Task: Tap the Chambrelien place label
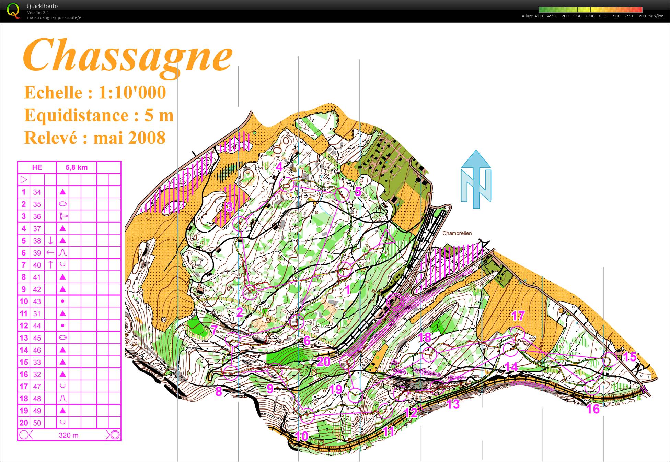point(457,233)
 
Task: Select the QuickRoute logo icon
point(13,11)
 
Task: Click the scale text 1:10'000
point(132,93)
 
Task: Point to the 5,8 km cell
point(77,167)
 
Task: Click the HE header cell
point(37,167)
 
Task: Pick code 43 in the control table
point(37,301)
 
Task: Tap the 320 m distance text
point(69,435)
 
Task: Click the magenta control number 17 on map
point(518,316)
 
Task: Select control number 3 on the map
point(229,207)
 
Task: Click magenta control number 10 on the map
point(301,436)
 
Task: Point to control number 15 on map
point(630,357)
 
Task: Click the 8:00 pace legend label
point(642,16)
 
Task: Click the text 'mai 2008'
point(129,138)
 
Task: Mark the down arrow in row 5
point(50,240)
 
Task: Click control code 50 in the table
point(37,423)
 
